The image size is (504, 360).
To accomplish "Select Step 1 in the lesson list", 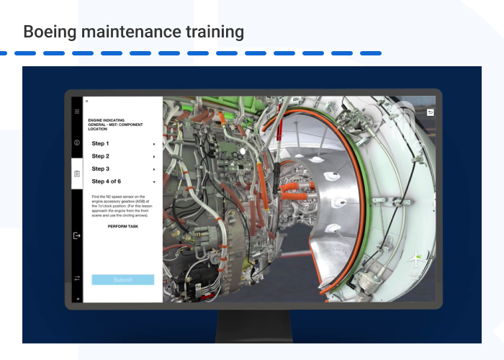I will (100, 143).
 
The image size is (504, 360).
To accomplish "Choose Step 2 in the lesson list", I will (100, 156).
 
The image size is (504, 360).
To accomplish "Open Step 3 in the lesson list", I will (100, 168).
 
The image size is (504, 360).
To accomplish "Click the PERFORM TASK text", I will (123, 226).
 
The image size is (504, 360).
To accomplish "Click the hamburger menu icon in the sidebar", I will (77, 112).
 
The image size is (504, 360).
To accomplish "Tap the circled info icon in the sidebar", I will (77, 143).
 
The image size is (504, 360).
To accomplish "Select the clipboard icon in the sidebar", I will (77, 174).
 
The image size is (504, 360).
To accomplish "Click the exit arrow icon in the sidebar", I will (77, 235).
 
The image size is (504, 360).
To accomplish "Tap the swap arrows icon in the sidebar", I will (77, 278).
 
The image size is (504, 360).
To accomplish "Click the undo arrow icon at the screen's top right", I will (431, 112).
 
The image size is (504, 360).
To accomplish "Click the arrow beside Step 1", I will (154, 144).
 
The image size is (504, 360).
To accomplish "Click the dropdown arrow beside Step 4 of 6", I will (154, 181).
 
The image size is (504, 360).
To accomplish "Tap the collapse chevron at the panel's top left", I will (87, 102).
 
